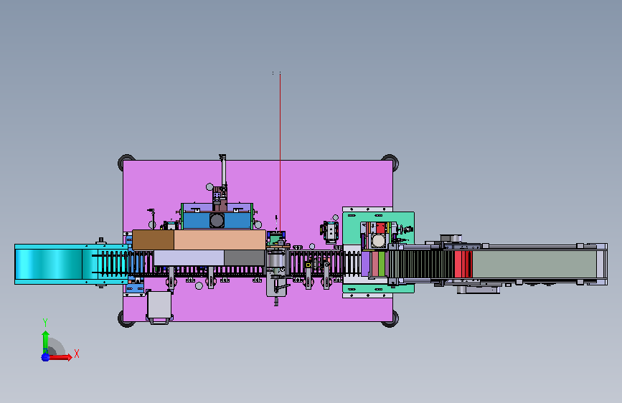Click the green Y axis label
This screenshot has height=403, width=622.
point(45,322)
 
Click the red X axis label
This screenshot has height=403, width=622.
point(77,354)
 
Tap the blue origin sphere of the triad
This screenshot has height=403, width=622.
point(46,357)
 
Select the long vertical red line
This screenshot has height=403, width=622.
point(280,152)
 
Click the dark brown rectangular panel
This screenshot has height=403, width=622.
point(153,240)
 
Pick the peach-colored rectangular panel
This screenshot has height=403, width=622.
point(220,240)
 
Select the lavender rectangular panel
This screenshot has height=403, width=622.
point(189,258)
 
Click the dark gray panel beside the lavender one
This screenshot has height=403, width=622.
point(245,258)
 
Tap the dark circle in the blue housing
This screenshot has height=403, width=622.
point(217,221)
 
